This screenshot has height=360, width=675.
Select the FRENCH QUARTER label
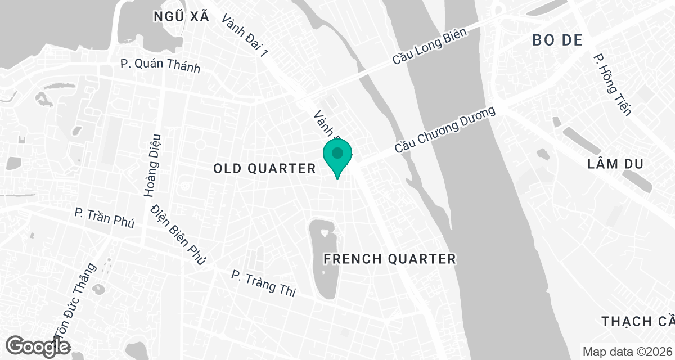click(x=390, y=259)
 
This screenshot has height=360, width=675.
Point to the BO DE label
click(x=556, y=40)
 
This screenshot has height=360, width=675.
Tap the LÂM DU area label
click(x=614, y=164)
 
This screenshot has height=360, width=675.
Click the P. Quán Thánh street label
click(x=160, y=65)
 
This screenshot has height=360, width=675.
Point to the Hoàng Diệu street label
click(x=152, y=165)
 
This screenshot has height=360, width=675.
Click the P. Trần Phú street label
click(x=105, y=218)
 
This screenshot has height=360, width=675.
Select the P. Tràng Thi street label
click(x=263, y=282)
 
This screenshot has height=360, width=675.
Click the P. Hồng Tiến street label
click(x=613, y=85)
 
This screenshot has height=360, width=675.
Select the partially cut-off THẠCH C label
click(x=637, y=321)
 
